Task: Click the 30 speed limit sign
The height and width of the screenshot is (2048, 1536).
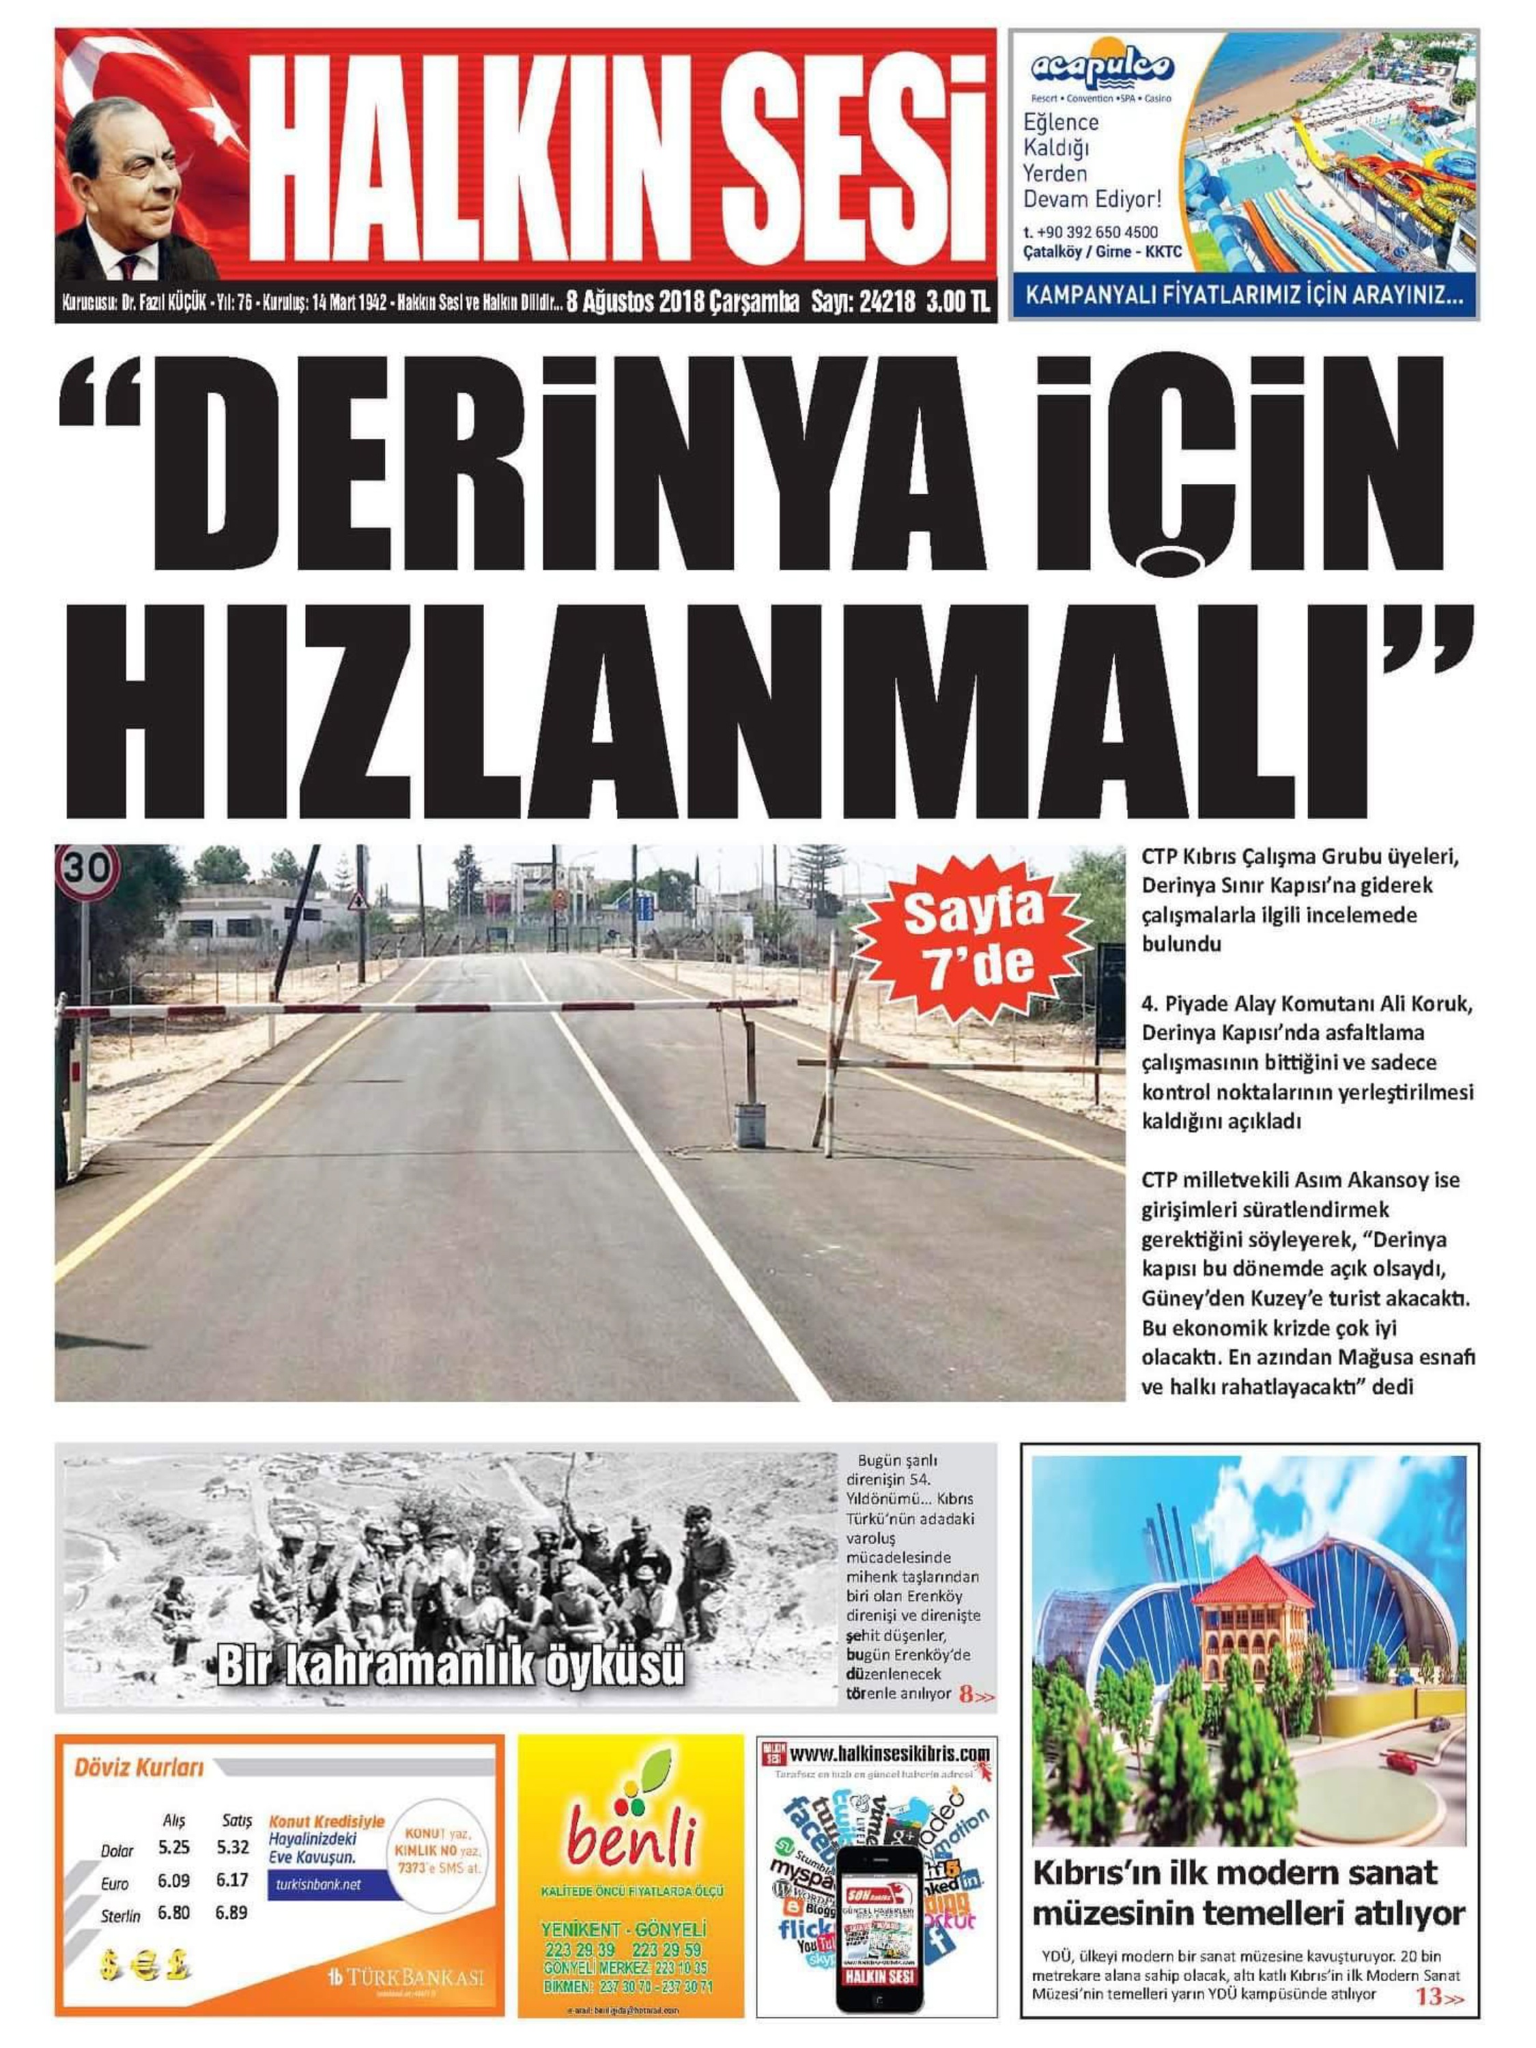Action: [x=86, y=870]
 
